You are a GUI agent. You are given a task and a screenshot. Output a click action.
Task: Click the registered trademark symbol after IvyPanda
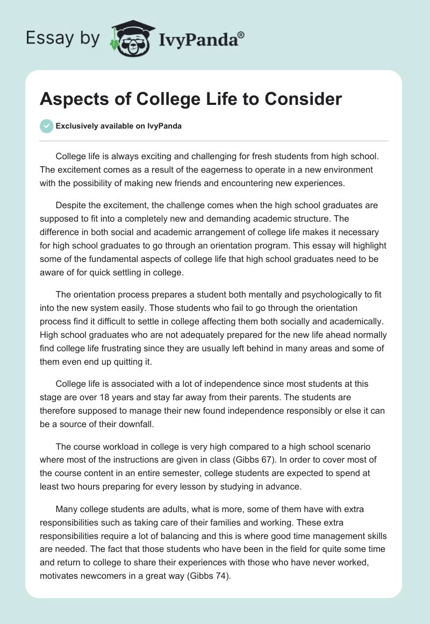[241, 34]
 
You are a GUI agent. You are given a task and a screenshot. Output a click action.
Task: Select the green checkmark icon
[46, 126]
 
